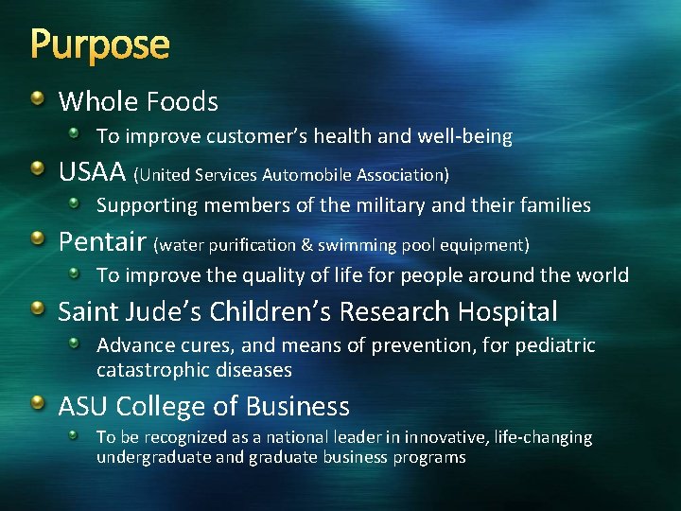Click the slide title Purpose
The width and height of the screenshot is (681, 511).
pyautogui.click(x=100, y=44)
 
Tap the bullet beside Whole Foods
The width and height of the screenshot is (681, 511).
pyautogui.click(x=36, y=98)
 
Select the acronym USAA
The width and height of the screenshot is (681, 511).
pyautogui.click(x=92, y=172)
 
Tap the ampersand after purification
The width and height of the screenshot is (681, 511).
pyautogui.click(x=307, y=245)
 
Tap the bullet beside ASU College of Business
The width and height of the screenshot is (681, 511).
pyautogui.click(x=36, y=404)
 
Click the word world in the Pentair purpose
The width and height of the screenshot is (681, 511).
pyautogui.click(x=600, y=275)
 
